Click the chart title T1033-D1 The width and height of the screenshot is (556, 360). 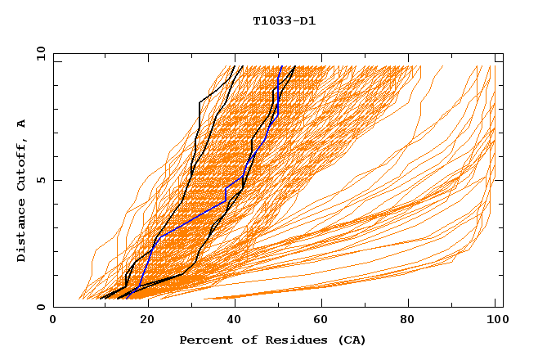[284, 20]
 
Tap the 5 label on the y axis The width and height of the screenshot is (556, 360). [40, 180]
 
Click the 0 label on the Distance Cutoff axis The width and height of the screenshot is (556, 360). [40, 307]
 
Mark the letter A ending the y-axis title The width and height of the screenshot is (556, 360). [21, 124]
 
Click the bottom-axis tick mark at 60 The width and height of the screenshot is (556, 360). [320, 304]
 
